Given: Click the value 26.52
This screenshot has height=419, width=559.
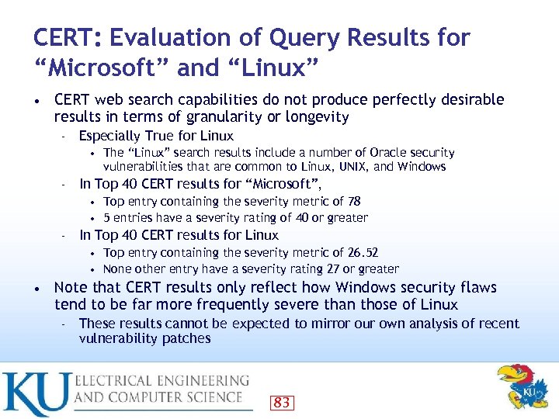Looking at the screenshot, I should tap(362, 252).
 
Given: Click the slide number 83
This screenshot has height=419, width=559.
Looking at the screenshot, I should tap(282, 402).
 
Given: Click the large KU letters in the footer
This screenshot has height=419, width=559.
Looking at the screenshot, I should tap(35, 393).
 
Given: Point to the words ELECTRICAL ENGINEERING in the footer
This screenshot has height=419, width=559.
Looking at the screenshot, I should tap(162, 382).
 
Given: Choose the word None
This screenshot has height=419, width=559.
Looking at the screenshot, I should tap(118, 269).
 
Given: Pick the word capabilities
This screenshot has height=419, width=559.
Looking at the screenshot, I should tap(211, 100).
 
